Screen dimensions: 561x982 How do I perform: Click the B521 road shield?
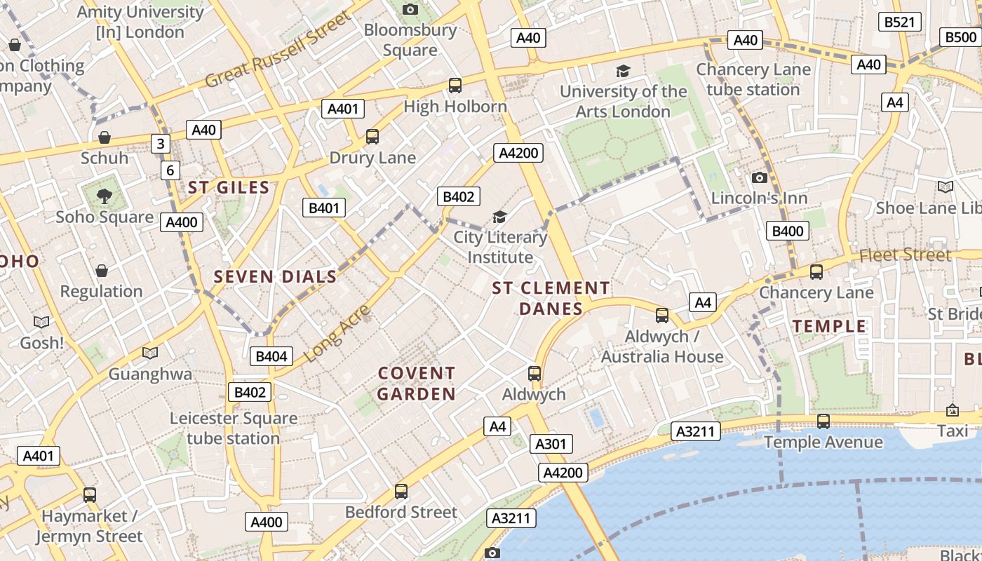[899, 22]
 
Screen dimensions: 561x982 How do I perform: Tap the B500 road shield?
[960, 37]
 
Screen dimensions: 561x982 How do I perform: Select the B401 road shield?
[323, 208]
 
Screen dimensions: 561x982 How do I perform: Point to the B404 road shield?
[271, 356]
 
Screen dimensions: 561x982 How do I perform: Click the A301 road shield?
[550, 444]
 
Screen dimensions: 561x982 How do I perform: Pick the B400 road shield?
[787, 231]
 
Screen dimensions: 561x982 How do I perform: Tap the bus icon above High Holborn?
[455, 86]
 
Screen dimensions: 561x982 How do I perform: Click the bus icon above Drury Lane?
[372, 137]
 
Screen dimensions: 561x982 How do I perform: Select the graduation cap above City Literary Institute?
[499, 217]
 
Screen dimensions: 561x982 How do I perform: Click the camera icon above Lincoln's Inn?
[759, 177]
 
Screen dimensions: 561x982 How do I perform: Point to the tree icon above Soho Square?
[105, 196]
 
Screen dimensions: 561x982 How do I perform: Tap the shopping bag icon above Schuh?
[105, 137]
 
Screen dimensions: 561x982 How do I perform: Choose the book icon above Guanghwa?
[149, 353]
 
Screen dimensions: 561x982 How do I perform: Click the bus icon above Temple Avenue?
[823, 421]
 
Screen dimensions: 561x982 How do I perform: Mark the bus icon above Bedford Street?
[401, 492]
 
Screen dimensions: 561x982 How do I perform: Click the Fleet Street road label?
[905, 255]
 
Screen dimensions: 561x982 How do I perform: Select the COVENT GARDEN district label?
[417, 384]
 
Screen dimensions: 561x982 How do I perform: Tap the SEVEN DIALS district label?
[276, 277]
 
